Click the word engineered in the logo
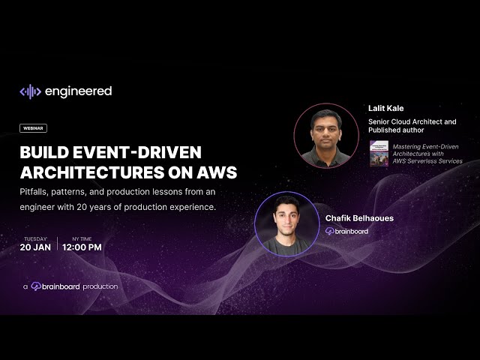pos(78,91)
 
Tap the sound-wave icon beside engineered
pos(30,91)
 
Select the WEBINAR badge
pos(34,128)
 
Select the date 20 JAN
pos(35,247)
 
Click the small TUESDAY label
pos(35,238)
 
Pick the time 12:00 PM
pos(82,247)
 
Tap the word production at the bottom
pos(100,286)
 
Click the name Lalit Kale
pos(386,108)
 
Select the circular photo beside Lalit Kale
pos(326,136)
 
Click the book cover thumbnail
pos(379,152)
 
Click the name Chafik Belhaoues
pos(359,218)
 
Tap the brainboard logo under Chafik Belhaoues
pos(346,231)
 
